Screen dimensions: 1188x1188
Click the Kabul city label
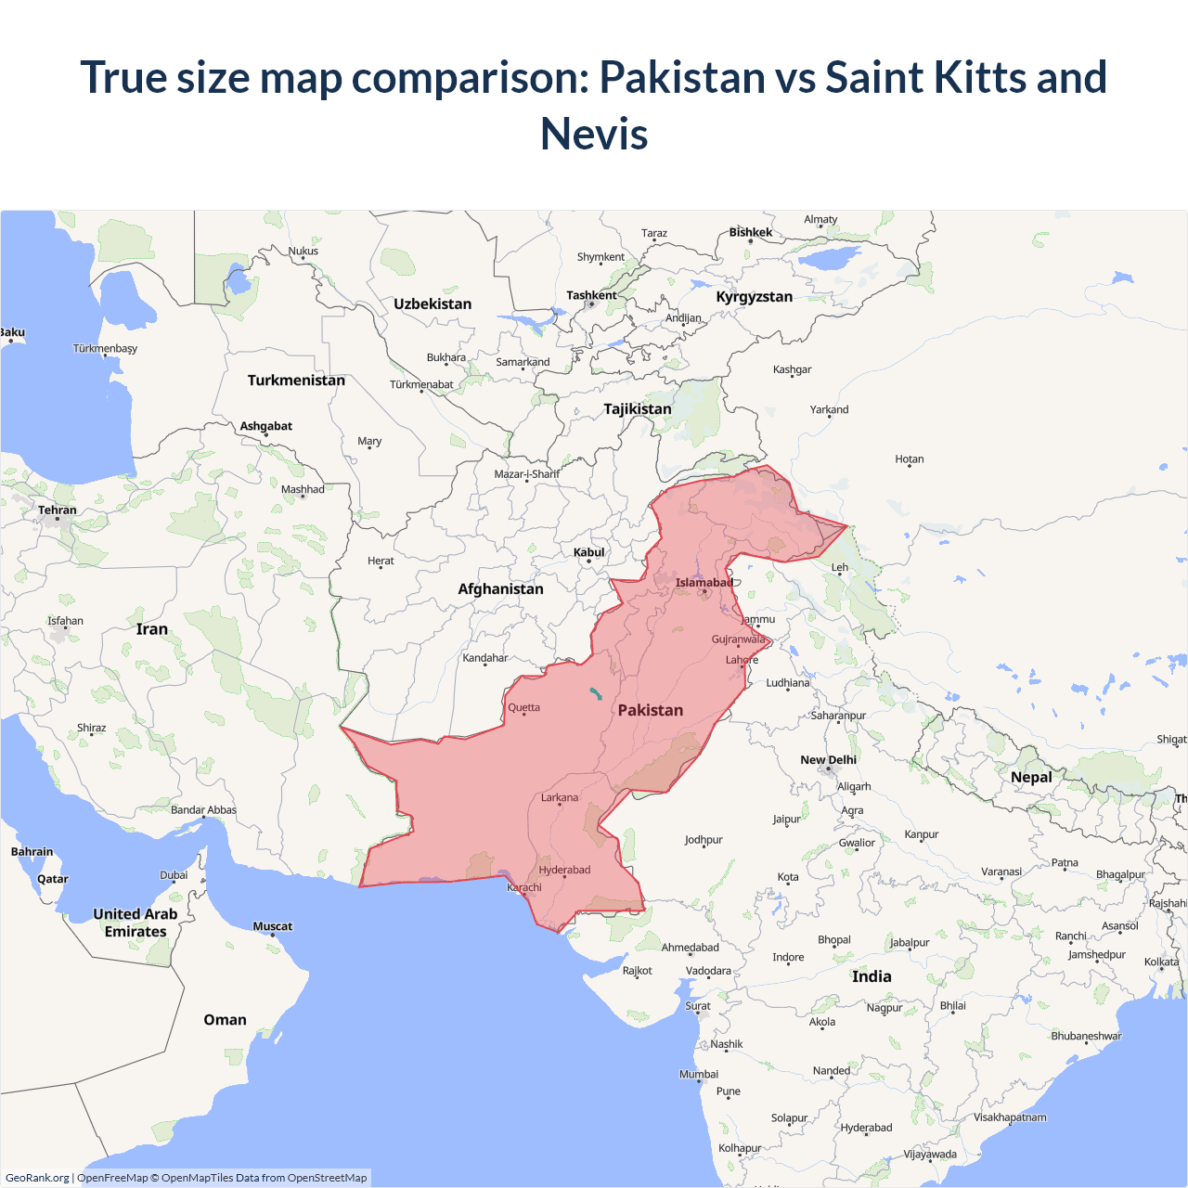(588, 552)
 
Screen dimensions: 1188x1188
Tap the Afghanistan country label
(500, 588)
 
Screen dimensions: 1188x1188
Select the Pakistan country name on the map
(650, 710)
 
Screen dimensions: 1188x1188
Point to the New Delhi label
(828, 759)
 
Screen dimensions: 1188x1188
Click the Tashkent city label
(591, 295)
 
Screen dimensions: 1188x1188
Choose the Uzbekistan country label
(433, 303)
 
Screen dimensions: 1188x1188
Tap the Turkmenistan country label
(296, 380)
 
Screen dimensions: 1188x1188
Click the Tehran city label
(58, 510)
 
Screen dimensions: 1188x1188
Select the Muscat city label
(272, 926)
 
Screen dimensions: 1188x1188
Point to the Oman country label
(225, 1019)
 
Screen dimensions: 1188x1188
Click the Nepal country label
(1031, 777)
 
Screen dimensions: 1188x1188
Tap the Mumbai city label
(699, 1074)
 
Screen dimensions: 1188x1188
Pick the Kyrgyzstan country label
(754, 296)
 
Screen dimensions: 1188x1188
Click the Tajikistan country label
(638, 408)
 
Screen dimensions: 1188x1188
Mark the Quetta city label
(523, 707)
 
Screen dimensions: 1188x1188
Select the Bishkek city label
(750, 232)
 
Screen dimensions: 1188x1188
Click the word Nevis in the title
(594, 134)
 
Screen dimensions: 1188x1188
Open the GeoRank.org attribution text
(37, 1178)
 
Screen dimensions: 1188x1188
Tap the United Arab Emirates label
(136, 923)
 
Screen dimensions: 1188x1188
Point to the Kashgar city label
(792, 369)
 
